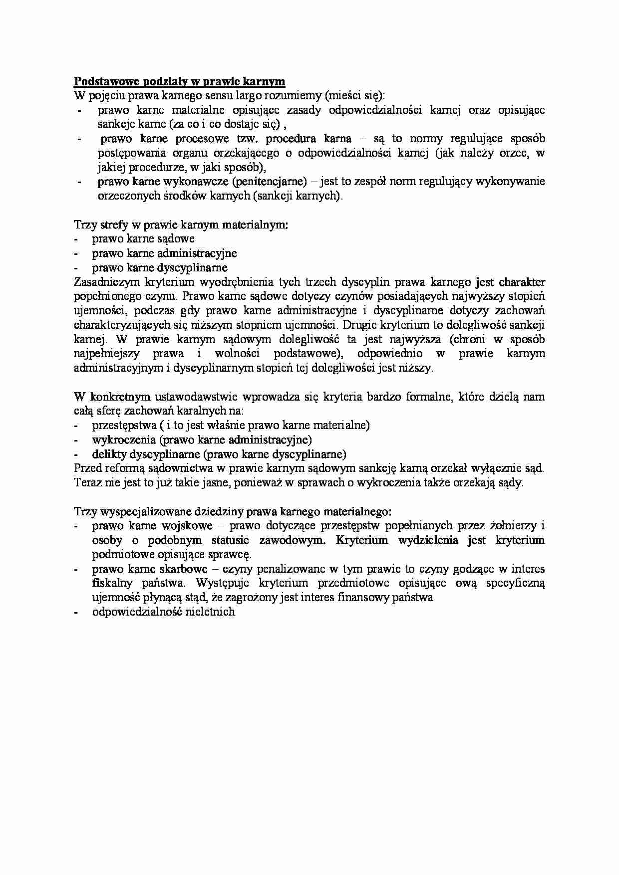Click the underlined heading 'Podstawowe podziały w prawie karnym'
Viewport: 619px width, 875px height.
[x=179, y=81]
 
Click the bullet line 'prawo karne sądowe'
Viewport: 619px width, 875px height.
[x=143, y=238]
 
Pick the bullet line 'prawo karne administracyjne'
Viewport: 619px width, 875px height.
[x=164, y=253]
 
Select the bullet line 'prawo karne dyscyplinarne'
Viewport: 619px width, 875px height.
[x=160, y=267]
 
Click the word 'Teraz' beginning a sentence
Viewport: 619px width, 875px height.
[x=87, y=483]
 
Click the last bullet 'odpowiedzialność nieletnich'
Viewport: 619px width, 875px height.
[x=163, y=612]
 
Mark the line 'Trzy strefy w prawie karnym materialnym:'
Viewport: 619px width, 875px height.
[x=181, y=224]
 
